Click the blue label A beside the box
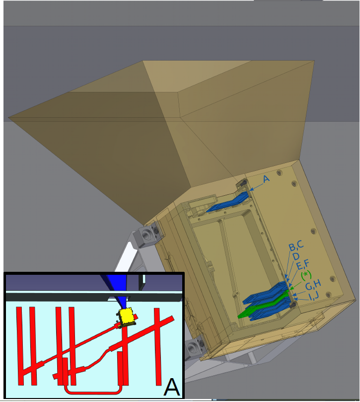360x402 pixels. [266, 179]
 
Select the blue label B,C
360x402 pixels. [296, 246]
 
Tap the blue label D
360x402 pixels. [295, 256]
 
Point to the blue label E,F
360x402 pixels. [302, 264]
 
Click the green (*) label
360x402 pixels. [306, 275]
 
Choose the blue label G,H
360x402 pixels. [313, 285]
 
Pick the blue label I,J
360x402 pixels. [314, 296]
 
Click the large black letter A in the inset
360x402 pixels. [171, 387]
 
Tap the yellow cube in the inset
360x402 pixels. [126, 317]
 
